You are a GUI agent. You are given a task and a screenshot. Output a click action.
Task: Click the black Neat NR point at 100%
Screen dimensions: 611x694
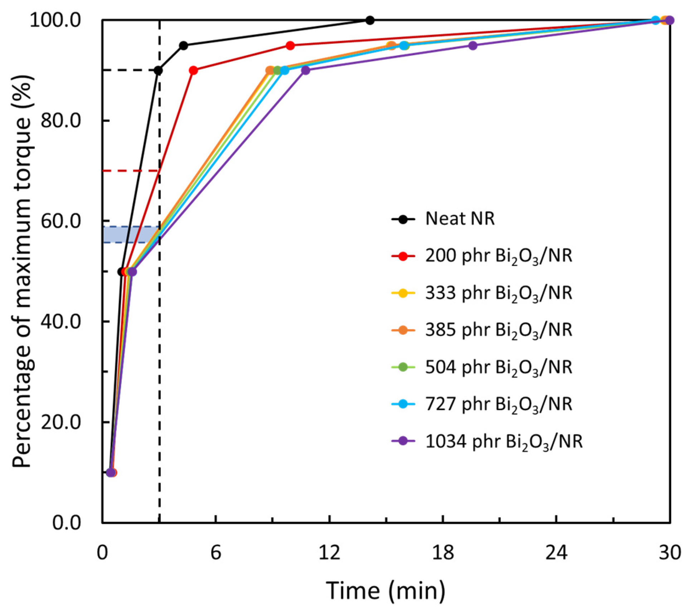pyautogui.click(x=370, y=20)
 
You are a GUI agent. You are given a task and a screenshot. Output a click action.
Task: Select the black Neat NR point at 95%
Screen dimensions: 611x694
pyautogui.click(x=184, y=45)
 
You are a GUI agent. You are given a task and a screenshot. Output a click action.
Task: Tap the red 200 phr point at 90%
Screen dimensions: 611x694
pyautogui.click(x=193, y=71)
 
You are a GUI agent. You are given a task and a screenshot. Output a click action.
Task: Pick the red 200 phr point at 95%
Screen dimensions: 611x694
pyautogui.click(x=290, y=45)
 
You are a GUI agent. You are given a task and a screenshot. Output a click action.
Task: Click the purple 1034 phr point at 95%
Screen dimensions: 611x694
pyautogui.click(x=473, y=45)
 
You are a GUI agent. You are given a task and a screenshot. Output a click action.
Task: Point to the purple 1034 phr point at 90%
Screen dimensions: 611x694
pyautogui.click(x=305, y=71)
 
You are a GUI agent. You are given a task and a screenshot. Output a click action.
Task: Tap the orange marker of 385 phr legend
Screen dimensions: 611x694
pyautogui.click(x=403, y=330)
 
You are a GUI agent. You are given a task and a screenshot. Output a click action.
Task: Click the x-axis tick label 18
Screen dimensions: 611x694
pyautogui.click(x=443, y=552)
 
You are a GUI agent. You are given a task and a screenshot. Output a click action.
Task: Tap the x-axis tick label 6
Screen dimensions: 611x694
pyautogui.click(x=215, y=552)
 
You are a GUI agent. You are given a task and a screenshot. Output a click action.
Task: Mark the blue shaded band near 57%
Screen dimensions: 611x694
pyautogui.click(x=131, y=234)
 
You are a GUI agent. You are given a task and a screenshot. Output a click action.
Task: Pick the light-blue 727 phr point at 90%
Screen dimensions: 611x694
pyautogui.click(x=285, y=71)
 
